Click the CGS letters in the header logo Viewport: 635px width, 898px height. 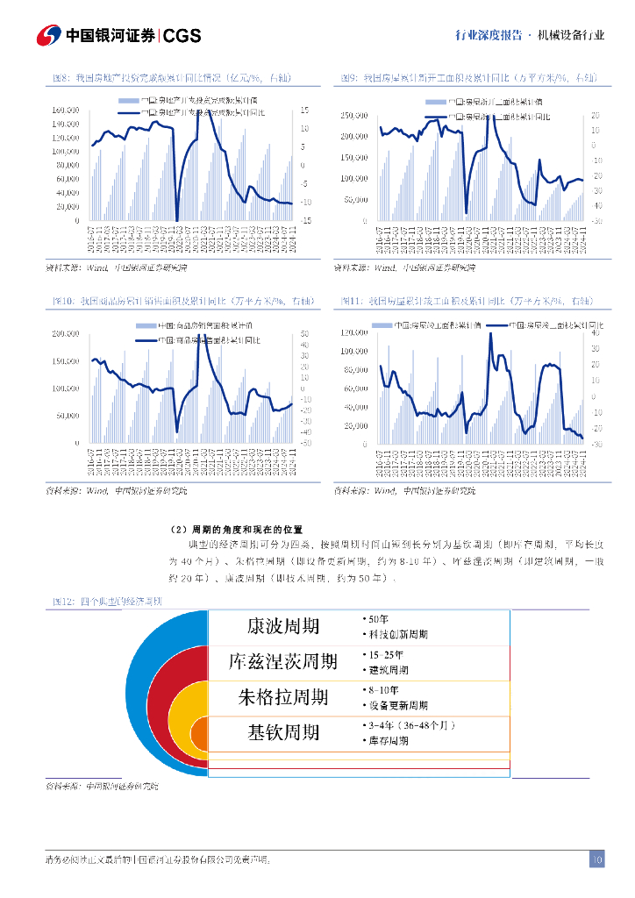[x=182, y=35]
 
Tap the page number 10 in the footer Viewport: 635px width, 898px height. [x=596, y=859]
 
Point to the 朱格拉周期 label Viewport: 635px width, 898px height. [x=283, y=697]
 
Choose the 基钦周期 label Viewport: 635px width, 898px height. [x=283, y=732]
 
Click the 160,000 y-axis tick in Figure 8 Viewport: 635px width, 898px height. [x=67, y=110]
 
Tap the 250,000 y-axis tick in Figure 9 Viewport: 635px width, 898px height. [x=354, y=116]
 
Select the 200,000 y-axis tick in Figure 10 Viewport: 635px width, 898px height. [x=67, y=334]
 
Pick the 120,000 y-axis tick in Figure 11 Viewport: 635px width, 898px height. [x=353, y=333]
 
